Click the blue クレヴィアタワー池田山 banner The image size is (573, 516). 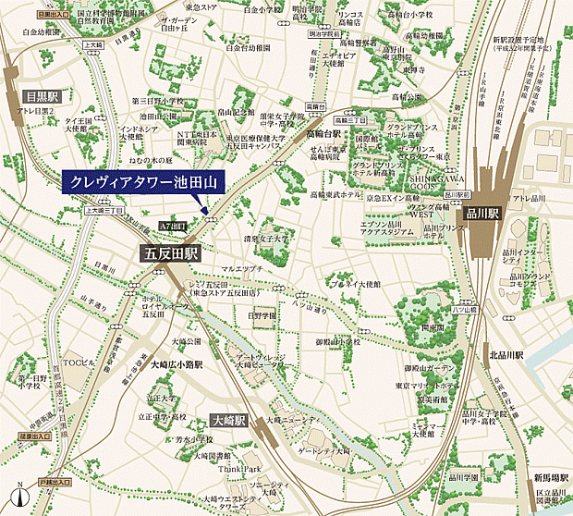pos(143,182)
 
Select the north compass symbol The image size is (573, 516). pos(19,498)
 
